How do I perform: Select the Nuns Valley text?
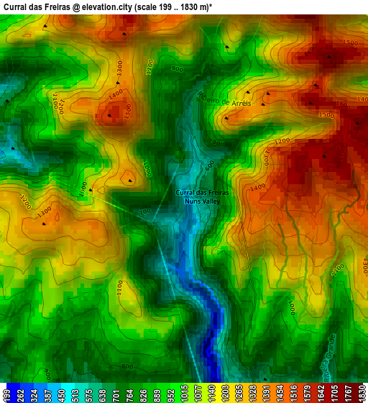202,201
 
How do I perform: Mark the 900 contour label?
177,68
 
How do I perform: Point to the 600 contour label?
209,165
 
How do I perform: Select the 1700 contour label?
338,271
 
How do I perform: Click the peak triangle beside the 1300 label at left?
44,224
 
